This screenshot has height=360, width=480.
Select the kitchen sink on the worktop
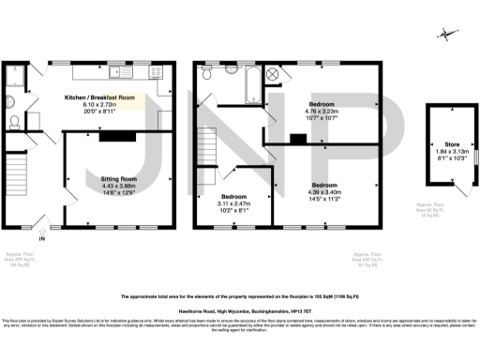tap(116, 70)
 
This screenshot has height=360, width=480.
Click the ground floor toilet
tap(12, 121)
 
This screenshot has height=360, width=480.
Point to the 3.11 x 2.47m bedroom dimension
tap(234, 203)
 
